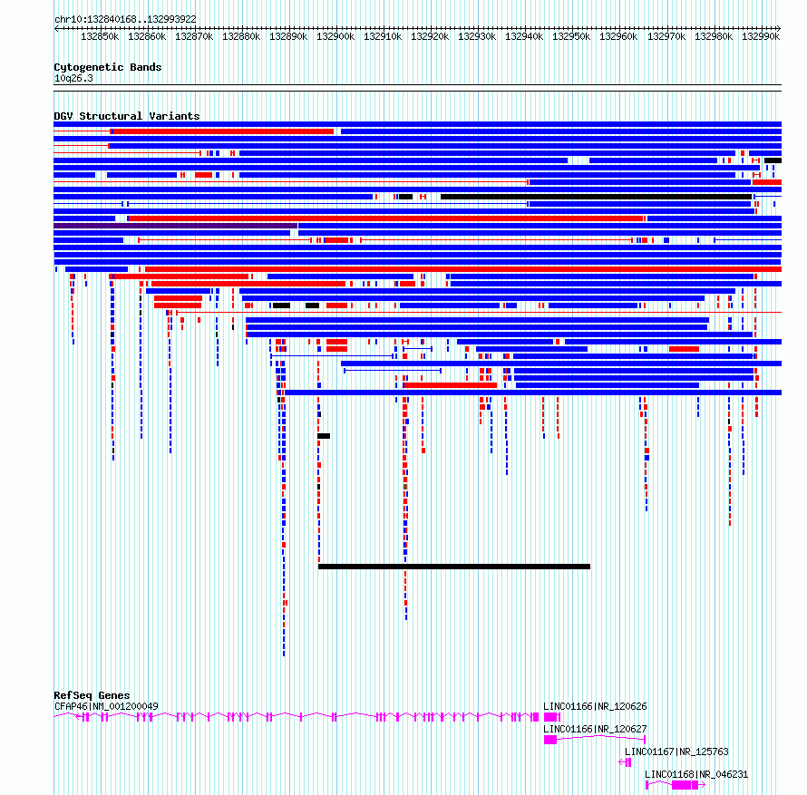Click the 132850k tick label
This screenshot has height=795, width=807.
click(100, 36)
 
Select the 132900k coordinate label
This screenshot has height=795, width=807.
click(335, 36)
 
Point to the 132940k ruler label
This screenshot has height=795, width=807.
click(524, 36)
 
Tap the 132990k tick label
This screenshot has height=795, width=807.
click(761, 36)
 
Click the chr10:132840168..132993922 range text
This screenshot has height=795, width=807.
click(125, 20)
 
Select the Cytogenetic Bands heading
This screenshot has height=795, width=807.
click(108, 67)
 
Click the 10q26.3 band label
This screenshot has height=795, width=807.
click(73, 78)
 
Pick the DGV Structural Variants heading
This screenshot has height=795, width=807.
click(127, 116)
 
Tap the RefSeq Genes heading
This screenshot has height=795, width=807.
click(92, 695)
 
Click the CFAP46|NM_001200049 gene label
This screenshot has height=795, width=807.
click(106, 706)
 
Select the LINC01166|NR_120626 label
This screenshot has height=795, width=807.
click(595, 706)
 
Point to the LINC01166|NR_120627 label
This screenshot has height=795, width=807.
click(595, 729)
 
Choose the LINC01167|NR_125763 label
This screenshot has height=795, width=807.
click(676, 751)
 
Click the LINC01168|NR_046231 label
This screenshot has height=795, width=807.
click(696, 774)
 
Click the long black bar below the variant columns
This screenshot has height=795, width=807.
click(454, 567)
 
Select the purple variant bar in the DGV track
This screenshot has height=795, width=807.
click(176, 226)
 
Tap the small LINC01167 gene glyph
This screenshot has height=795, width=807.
click(626, 762)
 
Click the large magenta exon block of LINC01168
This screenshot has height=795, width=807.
click(682, 785)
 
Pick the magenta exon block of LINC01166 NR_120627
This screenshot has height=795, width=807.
click(550, 740)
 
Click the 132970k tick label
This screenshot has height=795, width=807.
click(666, 36)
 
